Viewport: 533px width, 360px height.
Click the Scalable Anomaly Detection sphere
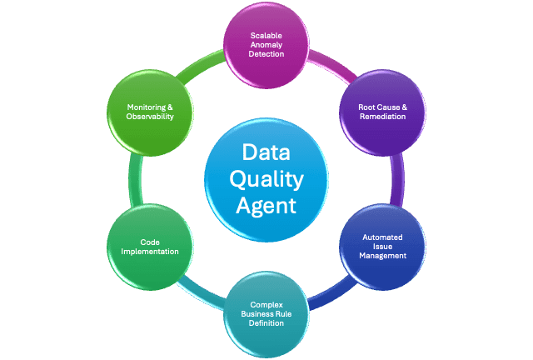click(x=266, y=44)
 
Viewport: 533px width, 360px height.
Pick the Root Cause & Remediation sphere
click(x=381, y=111)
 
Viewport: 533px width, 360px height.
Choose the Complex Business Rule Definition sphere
click(x=266, y=312)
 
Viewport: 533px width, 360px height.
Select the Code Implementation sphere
click(x=150, y=245)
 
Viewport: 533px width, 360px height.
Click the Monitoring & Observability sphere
click(x=151, y=112)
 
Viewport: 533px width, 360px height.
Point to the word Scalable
click(x=266, y=35)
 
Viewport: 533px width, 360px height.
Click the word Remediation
click(x=381, y=117)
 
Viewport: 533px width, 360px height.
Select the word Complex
click(x=266, y=304)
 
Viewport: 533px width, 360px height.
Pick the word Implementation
click(x=150, y=251)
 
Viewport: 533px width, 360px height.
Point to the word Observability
click(x=151, y=117)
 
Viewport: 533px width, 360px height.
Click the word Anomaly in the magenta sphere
click(x=266, y=44)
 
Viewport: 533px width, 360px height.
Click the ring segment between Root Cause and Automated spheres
click(x=399, y=178)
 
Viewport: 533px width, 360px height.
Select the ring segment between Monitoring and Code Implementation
click(x=135, y=178)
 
